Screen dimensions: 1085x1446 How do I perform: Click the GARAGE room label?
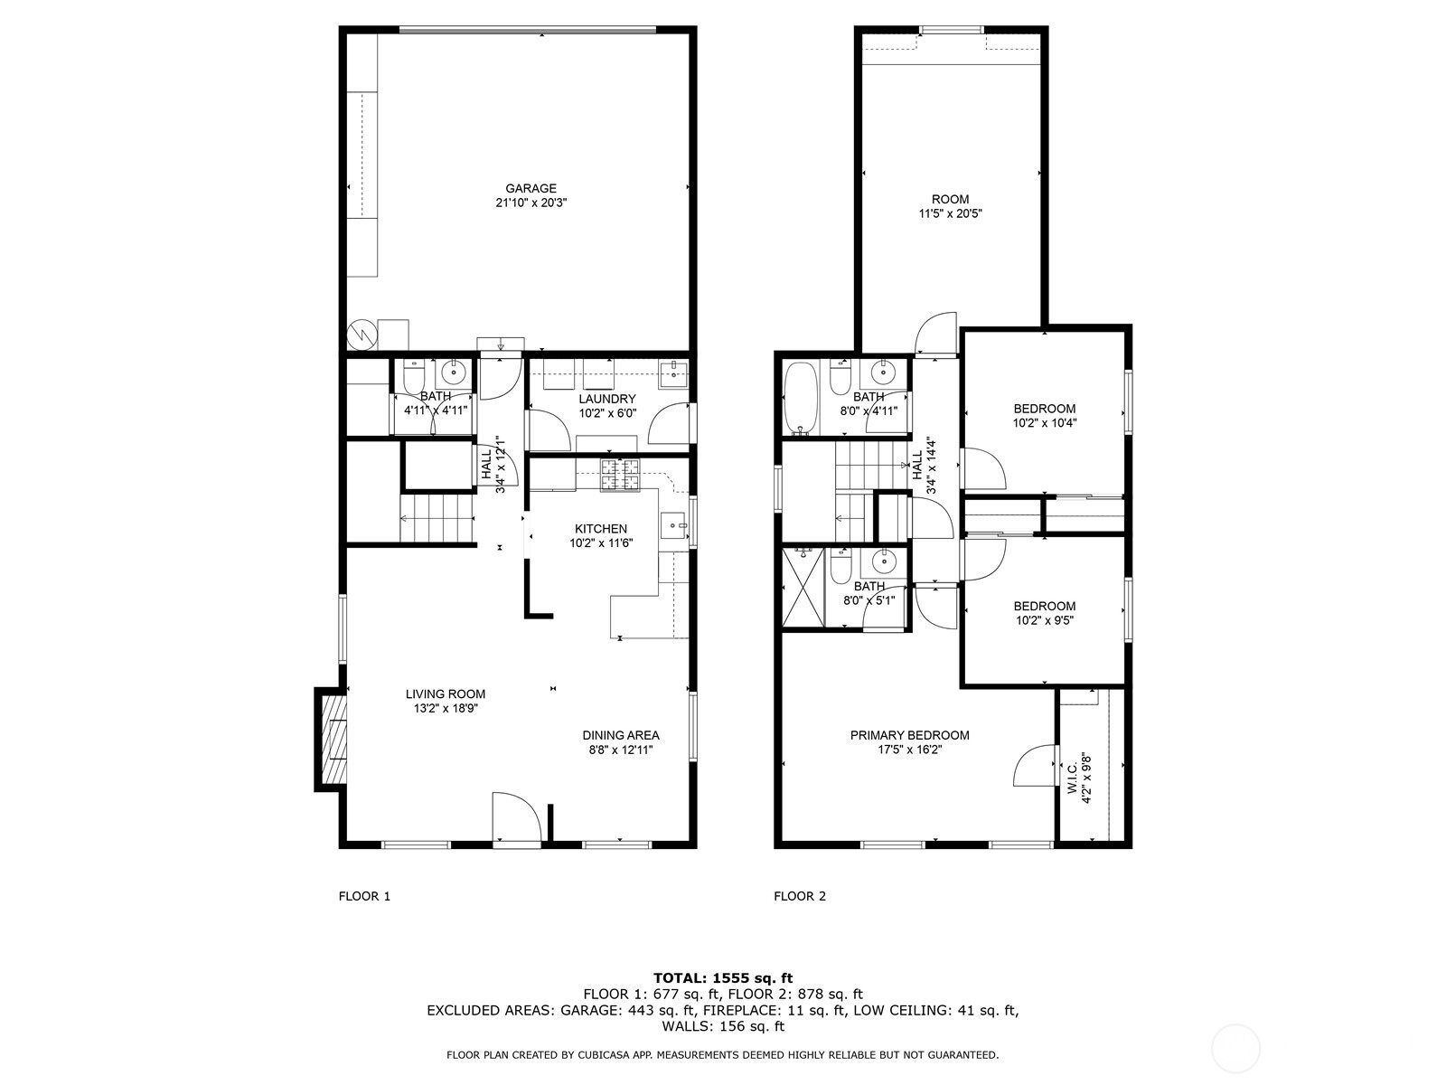(x=531, y=189)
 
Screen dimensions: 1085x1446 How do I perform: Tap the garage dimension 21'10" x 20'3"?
(x=531, y=203)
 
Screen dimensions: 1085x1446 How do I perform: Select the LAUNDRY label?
(x=607, y=399)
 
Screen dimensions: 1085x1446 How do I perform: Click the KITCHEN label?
(x=601, y=529)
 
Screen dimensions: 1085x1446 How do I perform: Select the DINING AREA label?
(x=620, y=735)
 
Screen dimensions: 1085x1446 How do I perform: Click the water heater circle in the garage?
(x=361, y=335)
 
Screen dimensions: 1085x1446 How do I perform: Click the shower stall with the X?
(x=803, y=586)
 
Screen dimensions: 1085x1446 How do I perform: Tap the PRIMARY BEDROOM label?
(x=909, y=735)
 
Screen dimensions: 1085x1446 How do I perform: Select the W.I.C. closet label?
(x=1073, y=778)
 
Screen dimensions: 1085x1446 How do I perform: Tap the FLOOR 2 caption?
(x=799, y=897)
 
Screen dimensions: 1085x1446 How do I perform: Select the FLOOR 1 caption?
(x=364, y=897)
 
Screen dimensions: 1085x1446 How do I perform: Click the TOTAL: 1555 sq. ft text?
(x=722, y=977)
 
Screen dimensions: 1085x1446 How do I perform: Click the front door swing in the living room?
(x=515, y=816)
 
